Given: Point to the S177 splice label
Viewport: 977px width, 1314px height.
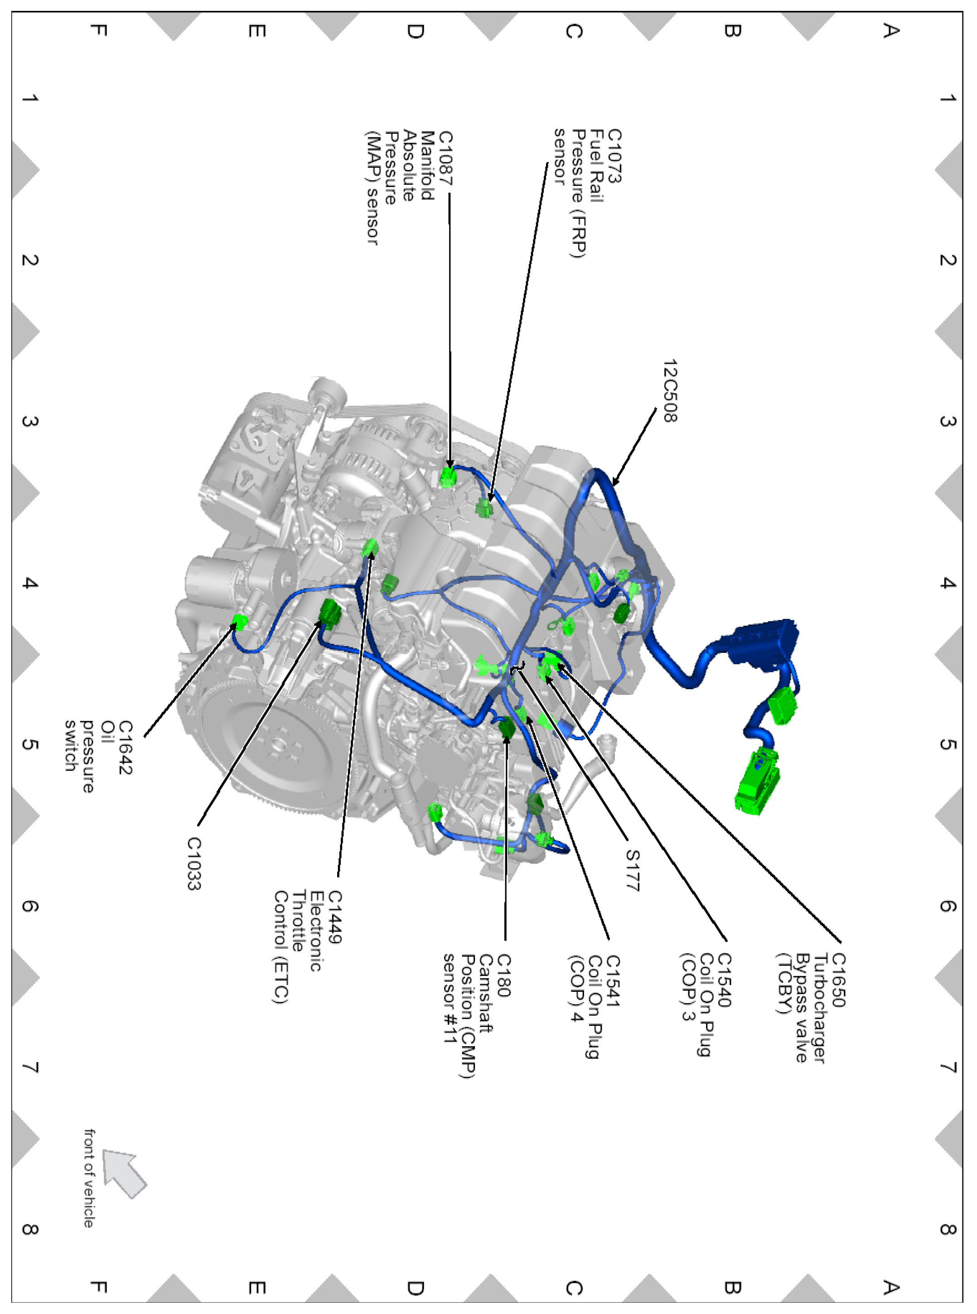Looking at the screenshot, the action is point(632,870).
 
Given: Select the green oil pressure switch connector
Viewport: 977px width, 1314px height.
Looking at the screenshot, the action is point(240,621).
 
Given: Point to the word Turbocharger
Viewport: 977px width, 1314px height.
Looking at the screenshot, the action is point(820,1008).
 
